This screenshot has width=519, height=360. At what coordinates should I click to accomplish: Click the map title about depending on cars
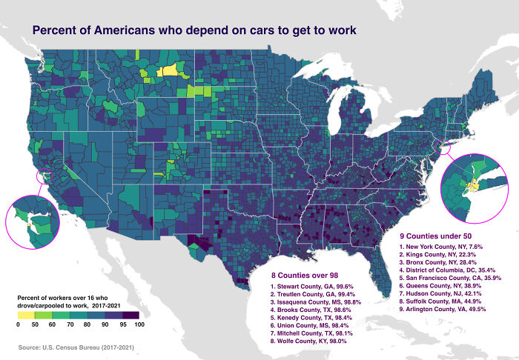pyautogui.click(x=194, y=30)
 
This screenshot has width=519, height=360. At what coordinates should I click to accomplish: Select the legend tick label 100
pyautogui.click(x=138, y=324)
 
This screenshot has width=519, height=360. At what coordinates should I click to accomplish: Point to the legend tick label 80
pyautogui.click(x=87, y=324)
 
